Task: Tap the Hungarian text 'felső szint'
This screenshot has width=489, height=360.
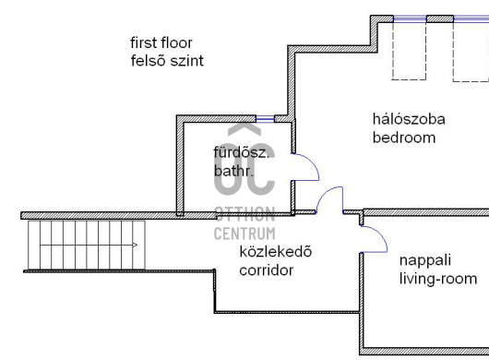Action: tap(167, 61)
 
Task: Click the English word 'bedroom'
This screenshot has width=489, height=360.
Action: tap(403, 138)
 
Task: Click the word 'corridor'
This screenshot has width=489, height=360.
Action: tap(267, 271)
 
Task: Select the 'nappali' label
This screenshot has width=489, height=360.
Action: tap(424, 260)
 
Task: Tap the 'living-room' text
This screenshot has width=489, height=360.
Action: tap(438, 279)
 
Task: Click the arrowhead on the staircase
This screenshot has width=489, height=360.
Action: tap(136, 246)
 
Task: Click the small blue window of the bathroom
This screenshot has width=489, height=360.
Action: tap(267, 117)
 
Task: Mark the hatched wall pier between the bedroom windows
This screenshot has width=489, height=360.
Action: tap(440, 18)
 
